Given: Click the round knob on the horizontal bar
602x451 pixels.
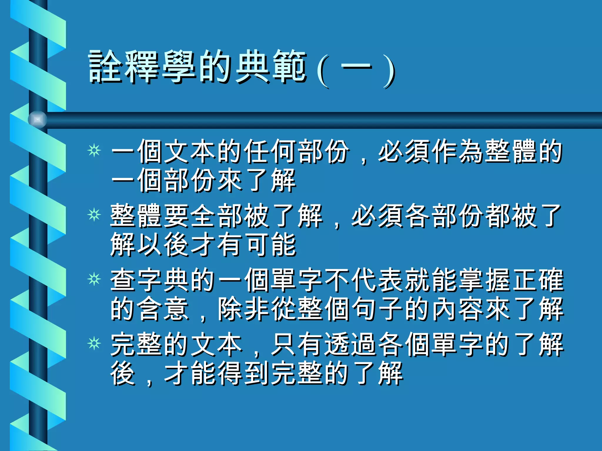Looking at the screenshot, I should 38,120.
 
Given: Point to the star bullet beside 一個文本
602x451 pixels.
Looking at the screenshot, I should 94,151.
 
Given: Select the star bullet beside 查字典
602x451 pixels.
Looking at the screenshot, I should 94,279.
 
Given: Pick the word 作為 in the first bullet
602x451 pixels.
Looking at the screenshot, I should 458,151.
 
